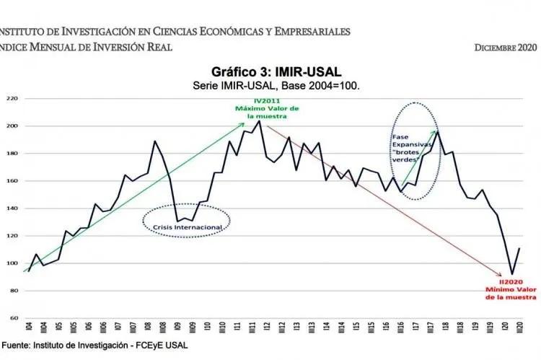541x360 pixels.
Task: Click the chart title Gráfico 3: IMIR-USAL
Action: click(276, 72)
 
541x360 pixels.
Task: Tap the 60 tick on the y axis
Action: click(12, 318)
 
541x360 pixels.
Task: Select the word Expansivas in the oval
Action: click(407, 144)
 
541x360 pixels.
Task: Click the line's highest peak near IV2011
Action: click(259, 120)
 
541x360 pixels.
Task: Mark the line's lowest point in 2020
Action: click(511, 274)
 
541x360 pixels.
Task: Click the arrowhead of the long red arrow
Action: click(501, 276)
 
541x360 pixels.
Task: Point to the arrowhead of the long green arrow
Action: click(244, 124)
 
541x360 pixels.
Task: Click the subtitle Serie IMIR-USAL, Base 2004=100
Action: click(276, 85)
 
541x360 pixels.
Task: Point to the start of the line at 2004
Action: click(28, 271)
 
